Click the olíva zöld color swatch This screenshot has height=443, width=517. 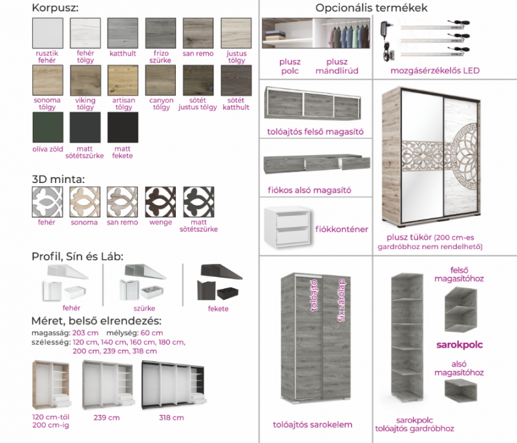coord(48,127)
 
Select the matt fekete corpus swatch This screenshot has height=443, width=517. coord(123,127)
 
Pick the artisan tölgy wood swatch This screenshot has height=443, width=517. coord(123,80)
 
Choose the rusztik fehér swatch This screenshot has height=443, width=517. coord(48,33)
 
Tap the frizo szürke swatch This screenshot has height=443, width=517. coord(160,33)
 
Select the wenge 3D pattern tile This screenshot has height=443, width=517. coord(160,202)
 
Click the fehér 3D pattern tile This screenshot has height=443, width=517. coord(47,202)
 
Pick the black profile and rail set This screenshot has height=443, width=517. coord(219,282)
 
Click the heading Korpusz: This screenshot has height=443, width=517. coord(56,8)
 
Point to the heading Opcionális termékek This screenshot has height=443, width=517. coord(372,8)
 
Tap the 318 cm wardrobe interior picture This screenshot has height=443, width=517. coord(174,385)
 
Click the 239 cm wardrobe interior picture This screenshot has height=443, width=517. coord(109,385)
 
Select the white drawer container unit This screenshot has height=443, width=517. coord(288,227)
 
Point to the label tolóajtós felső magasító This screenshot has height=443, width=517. coord(315,132)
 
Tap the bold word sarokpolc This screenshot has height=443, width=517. coord(459,345)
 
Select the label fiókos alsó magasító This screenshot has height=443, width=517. coord(310,190)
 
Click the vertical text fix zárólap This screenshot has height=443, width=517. coord(342,300)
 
